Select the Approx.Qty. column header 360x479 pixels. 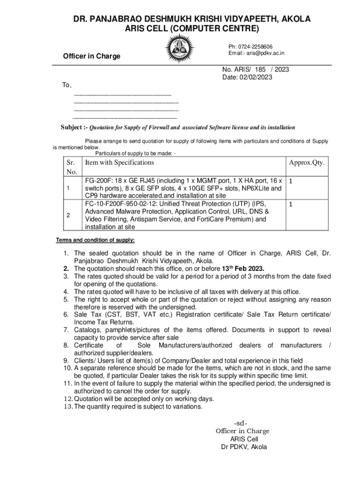(306, 162)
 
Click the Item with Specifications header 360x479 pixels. (119, 162)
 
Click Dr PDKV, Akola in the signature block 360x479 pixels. (244, 447)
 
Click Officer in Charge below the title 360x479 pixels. (92, 56)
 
